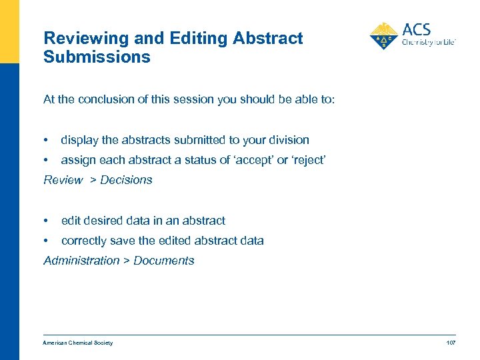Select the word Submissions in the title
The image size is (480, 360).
[x=97, y=57]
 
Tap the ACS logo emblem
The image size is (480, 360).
[x=383, y=36]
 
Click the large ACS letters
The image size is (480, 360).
[x=417, y=29]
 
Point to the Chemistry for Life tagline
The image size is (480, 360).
[x=428, y=42]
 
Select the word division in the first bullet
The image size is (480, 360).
[x=289, y=140]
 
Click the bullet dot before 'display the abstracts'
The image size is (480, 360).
[x=45, y=140]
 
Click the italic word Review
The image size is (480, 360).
[x=63, y=180]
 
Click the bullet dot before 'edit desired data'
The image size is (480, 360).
[x=45, y=221]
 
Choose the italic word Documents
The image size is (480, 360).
[x=164, y=261]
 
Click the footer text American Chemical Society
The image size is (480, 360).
[x=78, y=343]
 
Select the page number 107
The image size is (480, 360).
[x=451, y=343]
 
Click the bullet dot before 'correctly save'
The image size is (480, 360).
[x=45, y=241]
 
